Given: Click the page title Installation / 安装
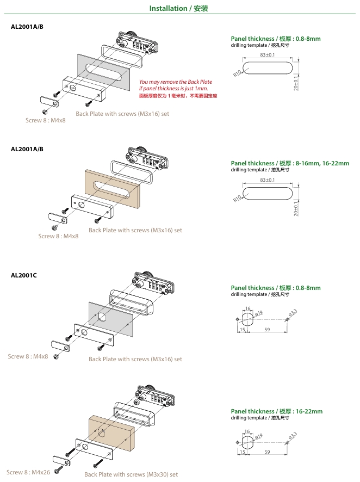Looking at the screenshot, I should tap(179, 9).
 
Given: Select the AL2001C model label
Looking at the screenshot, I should tap(24, 275).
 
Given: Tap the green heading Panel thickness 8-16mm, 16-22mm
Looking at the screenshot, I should tap(290, 163).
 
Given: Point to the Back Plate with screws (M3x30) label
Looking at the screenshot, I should tap(131, 474).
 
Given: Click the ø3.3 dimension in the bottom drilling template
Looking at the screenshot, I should tap(291, 436).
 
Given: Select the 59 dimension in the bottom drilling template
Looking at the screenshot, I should tap(267, 452).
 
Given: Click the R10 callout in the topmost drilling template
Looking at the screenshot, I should tap(237, 74).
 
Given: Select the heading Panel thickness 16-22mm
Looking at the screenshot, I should tap(276, 411).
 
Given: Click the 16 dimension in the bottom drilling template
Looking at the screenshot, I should tap(247, 431).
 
